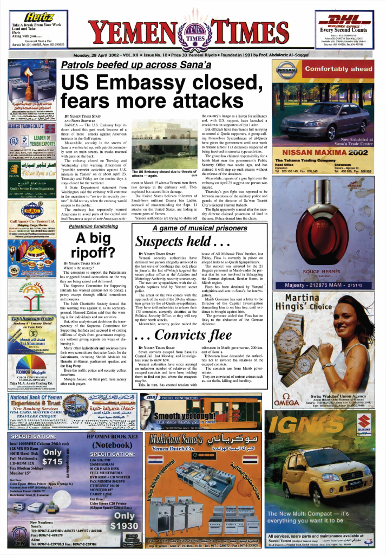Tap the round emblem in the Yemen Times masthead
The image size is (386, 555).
[193, 33]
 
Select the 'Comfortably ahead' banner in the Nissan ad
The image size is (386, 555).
[338, 69]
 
